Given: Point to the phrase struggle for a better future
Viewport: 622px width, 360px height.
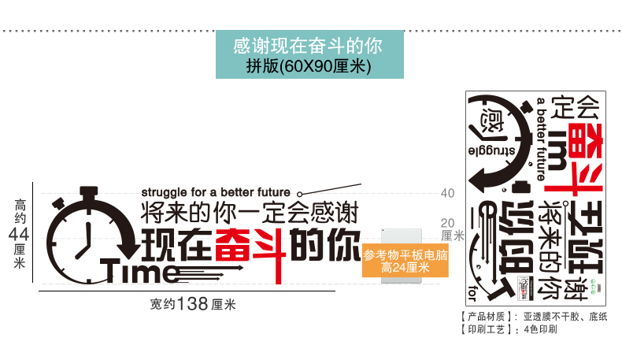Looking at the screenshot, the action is (216, 191).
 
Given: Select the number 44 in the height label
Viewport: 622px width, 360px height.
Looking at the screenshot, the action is (20, 234).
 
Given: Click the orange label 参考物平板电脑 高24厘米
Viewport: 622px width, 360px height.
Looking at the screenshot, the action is (405, 262).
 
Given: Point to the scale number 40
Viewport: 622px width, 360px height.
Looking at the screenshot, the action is (447, 193).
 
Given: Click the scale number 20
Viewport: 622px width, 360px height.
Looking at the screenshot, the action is (447, 222).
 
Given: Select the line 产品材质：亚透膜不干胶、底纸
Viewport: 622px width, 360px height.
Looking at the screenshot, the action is (526, 317).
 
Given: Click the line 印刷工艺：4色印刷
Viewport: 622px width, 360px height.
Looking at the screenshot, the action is (509, 329).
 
